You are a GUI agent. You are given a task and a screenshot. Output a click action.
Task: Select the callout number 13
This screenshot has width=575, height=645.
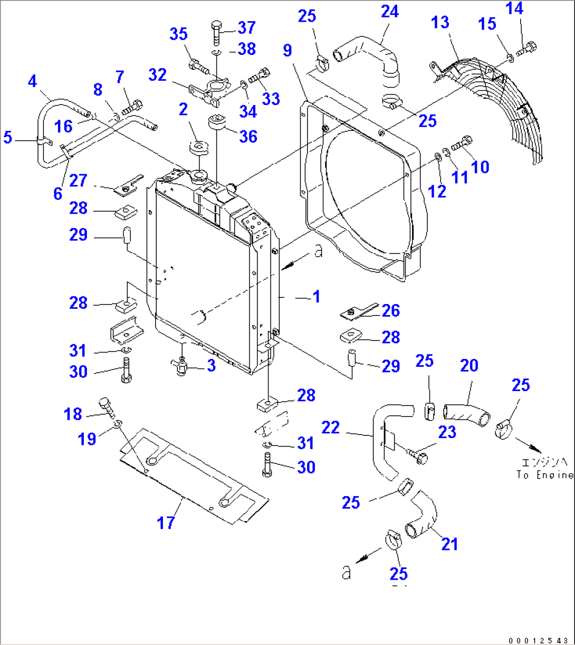point(440,22)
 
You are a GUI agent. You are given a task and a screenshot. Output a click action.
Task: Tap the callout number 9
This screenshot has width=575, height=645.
point(287,51)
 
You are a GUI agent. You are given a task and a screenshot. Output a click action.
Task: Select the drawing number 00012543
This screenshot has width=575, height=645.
point(538,640)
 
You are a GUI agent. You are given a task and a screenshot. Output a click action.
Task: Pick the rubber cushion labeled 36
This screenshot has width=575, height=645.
point(217,122)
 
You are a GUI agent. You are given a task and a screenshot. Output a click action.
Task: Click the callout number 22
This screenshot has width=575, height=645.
point(331,428)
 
